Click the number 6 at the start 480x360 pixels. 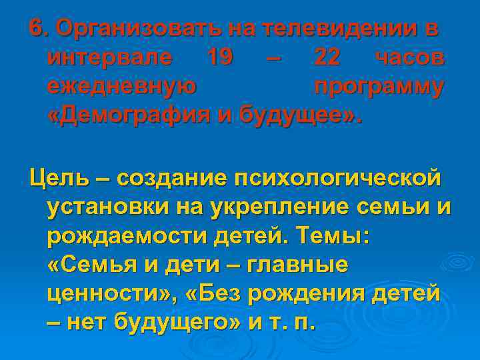37,29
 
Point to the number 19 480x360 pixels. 219,59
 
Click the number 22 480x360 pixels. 326,59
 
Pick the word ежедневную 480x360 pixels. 121,88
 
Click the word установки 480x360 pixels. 107,207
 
